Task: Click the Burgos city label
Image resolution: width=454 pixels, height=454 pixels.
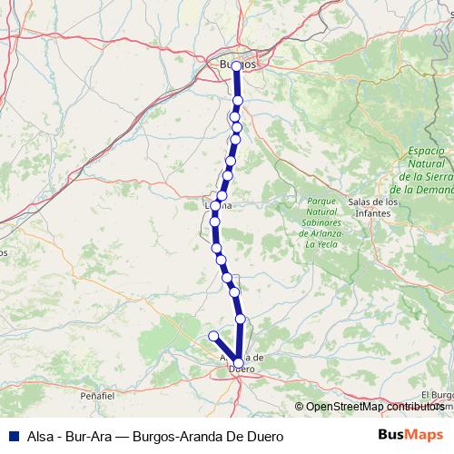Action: click(x=237, y=64)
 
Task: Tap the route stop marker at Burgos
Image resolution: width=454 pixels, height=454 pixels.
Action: click(x=237, y=65)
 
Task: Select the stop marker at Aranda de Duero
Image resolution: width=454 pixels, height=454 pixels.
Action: click(x=238, y=363)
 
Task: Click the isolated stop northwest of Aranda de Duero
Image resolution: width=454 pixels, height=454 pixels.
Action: click(x=213, y=336)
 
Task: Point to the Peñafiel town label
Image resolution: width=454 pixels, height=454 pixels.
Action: click(x=97, y=397)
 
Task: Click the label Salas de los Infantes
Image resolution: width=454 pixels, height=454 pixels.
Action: click(x=373, y=207)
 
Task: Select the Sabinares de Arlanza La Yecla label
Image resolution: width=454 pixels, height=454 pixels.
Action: click(x=322, y=222)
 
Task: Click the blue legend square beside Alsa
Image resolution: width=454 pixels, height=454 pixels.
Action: click(x=10, y=436)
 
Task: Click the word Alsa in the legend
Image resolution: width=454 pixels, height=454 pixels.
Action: click(x=35, y=436)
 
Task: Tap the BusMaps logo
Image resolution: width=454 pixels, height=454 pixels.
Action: click(x=417, y=435)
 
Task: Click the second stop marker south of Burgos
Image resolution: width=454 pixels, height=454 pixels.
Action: click(x=235, y=116)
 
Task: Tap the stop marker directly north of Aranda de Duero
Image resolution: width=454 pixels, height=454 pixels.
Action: click(x=241, y=320)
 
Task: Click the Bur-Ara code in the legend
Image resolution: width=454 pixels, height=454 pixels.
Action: click(x=90, y=436)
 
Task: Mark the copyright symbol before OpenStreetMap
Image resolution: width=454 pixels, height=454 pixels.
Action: click(x=300, y=407)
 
